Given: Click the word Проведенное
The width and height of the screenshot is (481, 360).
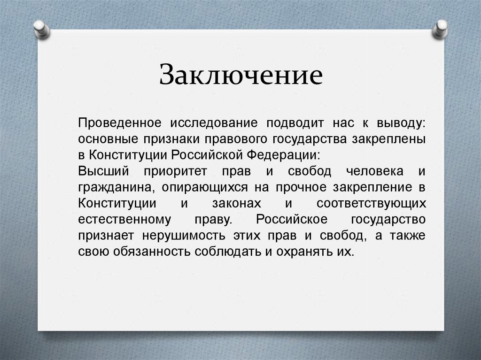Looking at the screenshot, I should point(120,123).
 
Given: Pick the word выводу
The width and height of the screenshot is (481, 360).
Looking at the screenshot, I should point(401,123).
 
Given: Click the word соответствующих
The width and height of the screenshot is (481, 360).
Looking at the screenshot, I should point(371,203).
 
